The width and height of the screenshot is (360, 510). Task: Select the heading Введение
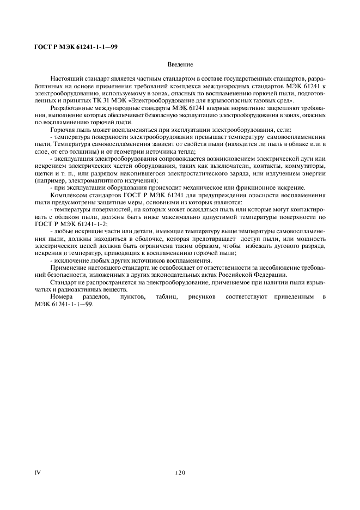click(180, 65)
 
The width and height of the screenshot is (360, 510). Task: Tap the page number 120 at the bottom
click(180, 472)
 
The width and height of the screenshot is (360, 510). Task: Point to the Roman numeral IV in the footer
click(38, 472)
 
